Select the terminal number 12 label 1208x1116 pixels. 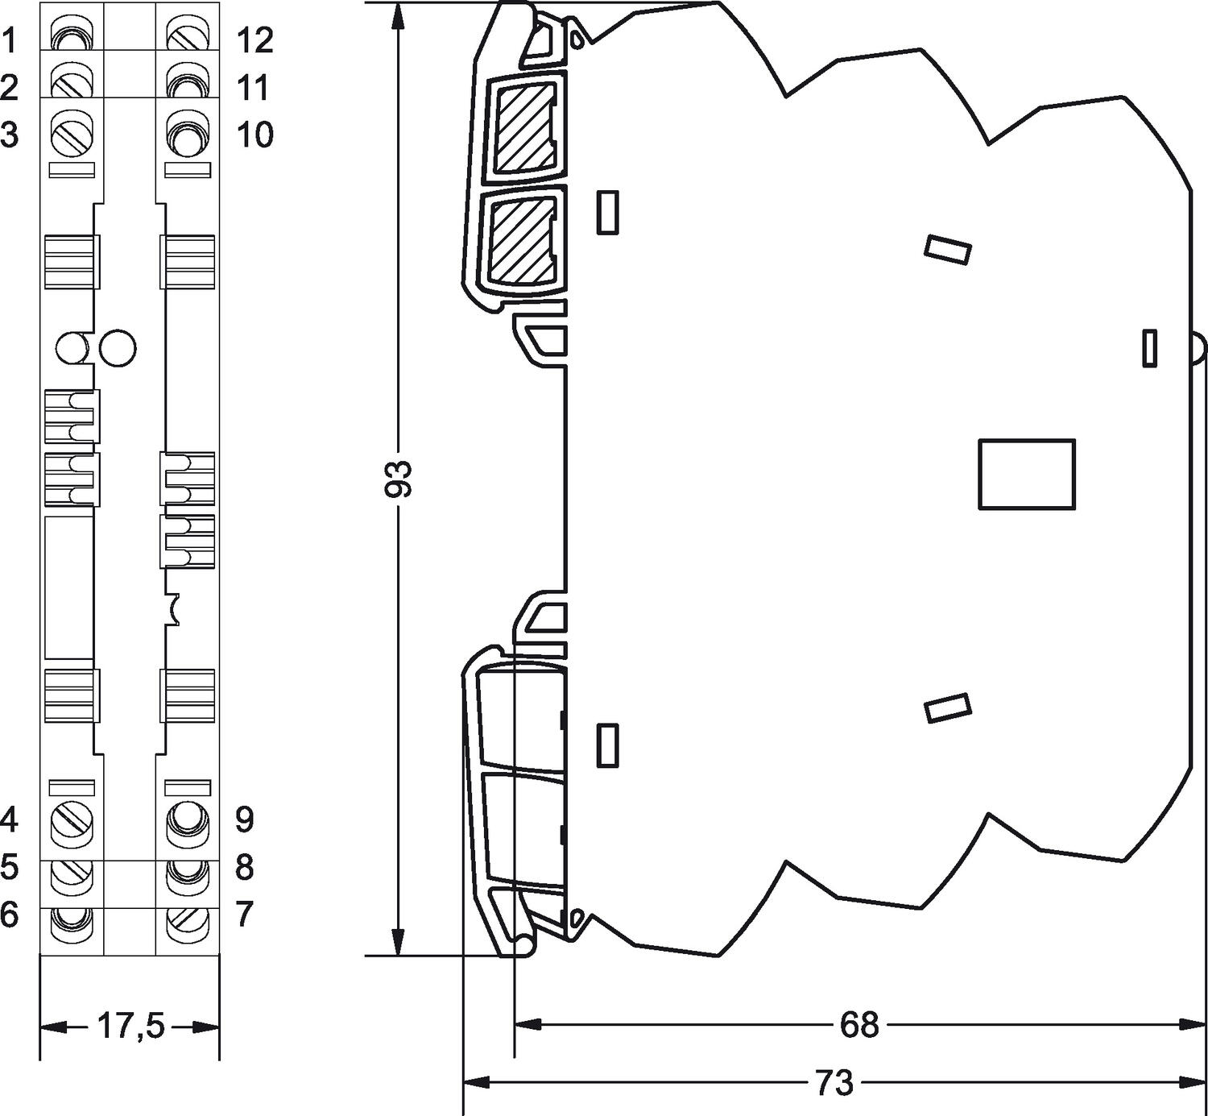(x=254, y=40)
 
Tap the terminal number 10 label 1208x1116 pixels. (x=254, y=135)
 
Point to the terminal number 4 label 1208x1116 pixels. (x=9, y=819)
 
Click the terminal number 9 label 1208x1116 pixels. (x=245, y=819)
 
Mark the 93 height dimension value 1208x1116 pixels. (x=399, y=479)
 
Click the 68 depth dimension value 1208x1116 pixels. (x=859, y=1025)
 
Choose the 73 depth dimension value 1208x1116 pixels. (x=834, y=1083)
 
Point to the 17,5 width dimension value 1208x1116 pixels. (x=130, y=1027)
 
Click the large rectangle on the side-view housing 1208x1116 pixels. (x=1027, y=474)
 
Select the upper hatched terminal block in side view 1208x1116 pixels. (x=524, y=127)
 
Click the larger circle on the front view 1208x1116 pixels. (x=118, y=348)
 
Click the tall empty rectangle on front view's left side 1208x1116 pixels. (x=68, y=587)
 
